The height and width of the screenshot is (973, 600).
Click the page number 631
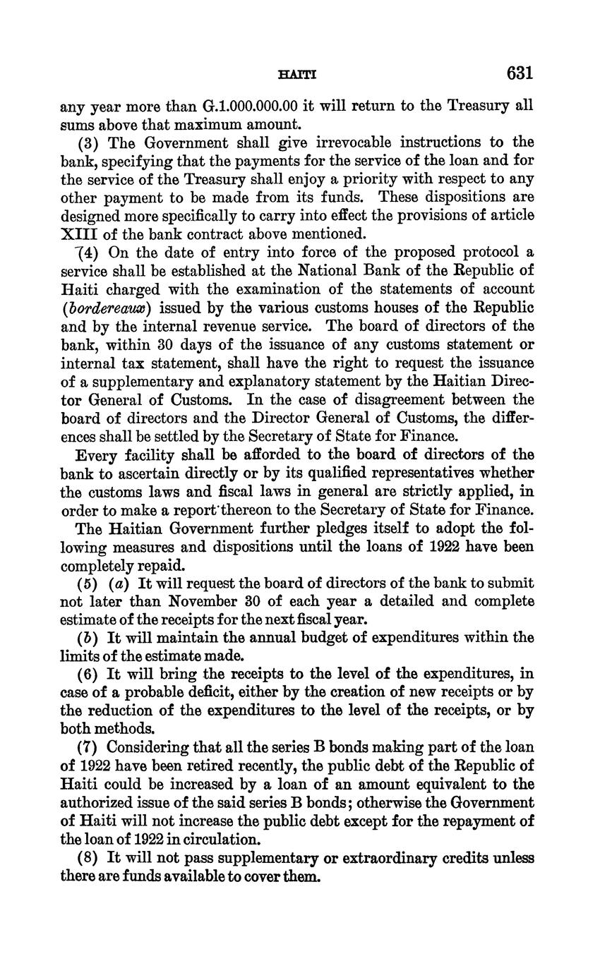(x=519, y=73)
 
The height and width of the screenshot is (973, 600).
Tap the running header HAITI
(x=297, y=74)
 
